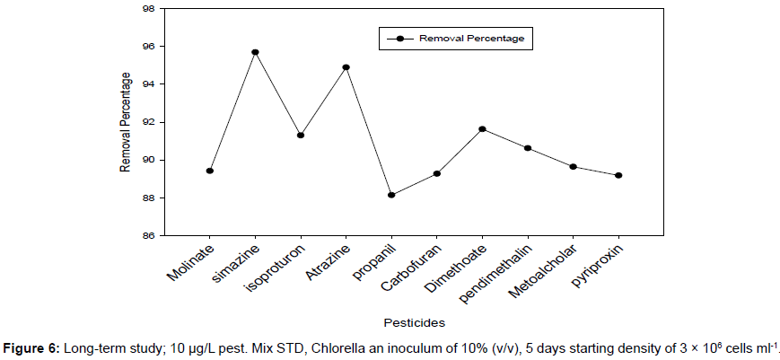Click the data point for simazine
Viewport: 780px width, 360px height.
(255, 52)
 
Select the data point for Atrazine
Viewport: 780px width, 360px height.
(346, 67)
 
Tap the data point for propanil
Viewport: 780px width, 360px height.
(391, 195)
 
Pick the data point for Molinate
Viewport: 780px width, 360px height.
(210, 171)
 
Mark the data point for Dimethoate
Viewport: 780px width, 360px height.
(482, 129)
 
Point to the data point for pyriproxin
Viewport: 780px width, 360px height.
(618, 175)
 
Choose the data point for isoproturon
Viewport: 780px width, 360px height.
(301, 136)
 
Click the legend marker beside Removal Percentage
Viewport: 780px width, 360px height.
(400, 39)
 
